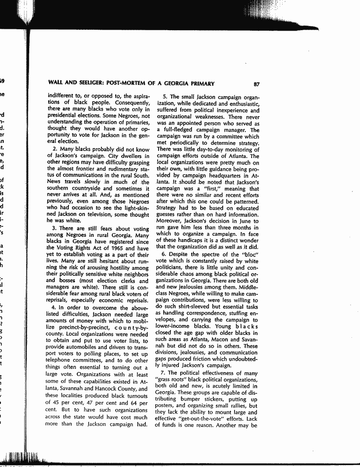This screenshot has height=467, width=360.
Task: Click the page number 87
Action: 257,84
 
